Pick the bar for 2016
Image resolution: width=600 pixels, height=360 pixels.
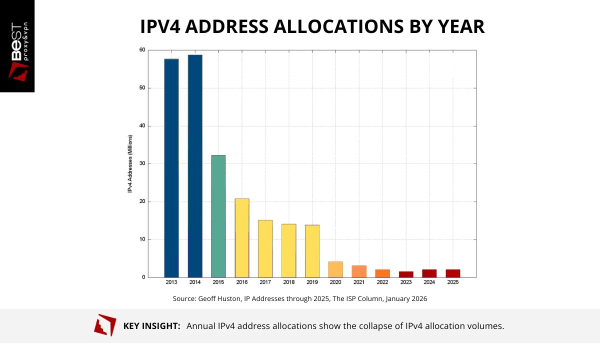(x=242, y=238)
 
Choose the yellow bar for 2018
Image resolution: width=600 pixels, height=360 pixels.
(x=289, y=250)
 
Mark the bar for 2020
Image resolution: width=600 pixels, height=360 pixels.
(x=335, y=269)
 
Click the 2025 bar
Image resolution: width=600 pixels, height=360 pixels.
(x=453, y=273)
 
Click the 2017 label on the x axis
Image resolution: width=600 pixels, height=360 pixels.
(x=265, y=282)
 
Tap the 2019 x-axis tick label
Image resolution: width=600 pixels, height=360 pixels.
(x=312, y=282)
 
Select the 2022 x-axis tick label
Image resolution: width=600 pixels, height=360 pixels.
(x=382, y=282)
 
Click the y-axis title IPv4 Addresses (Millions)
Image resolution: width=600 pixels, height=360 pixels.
(x=129, y=163)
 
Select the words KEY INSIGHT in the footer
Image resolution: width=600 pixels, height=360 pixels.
(x=151, y=326)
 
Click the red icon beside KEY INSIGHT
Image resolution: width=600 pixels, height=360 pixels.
(x=105, y=325)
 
